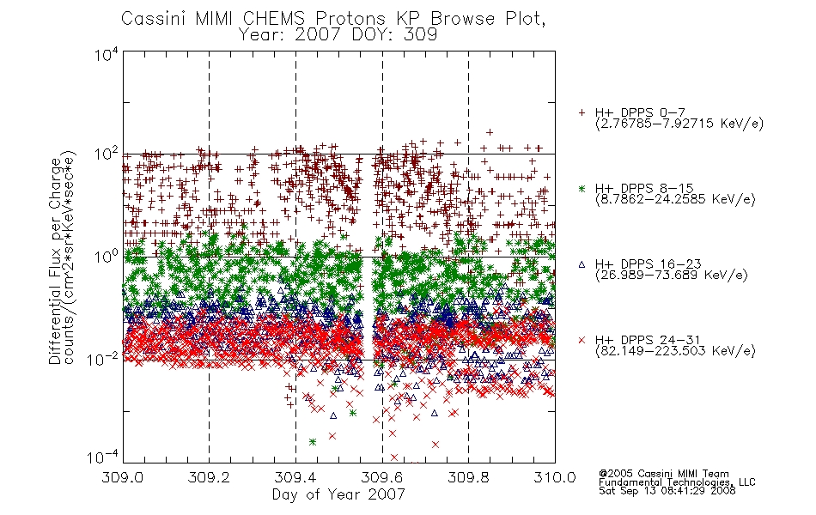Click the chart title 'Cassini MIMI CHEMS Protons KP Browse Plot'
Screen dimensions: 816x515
[333, 19]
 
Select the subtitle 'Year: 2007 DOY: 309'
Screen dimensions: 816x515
[338, 35]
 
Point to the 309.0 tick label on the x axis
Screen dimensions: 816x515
[122, 477]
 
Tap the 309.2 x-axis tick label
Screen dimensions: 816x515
[209, 477]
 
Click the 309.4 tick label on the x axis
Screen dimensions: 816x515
[295, 477]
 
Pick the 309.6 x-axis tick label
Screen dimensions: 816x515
[381, 477]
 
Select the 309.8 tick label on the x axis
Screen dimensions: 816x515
[468, 477]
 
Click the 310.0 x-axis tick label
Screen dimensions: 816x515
[555, 477]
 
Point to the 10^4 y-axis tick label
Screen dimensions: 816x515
[107, 54]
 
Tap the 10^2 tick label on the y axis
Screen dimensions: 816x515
[107, 154]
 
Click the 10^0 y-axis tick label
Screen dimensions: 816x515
[107, 257]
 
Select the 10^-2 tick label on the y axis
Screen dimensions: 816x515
[103, 359]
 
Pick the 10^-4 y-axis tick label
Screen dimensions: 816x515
[103, 457]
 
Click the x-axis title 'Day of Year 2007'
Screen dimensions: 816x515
[338, 494]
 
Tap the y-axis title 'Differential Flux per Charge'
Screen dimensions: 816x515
[55, 261]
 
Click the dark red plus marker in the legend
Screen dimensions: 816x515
[582, 112]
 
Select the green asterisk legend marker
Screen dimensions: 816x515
[582, 188]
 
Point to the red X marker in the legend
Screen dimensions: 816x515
[582, 340]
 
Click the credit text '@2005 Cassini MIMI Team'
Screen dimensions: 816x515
[663, 474]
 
